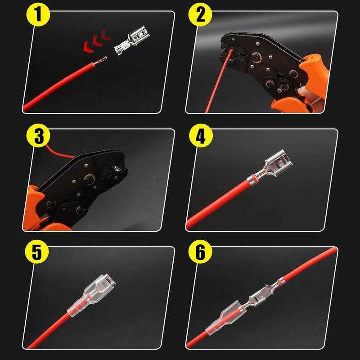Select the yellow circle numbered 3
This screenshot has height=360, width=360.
click(x=38, y=135)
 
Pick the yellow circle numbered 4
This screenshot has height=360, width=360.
click(x=201, y=135)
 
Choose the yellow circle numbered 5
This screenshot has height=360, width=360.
click(x=37, y=252)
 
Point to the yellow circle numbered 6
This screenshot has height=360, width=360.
click(x=200, y=252)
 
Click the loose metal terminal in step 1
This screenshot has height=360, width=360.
click(x=131, y=40)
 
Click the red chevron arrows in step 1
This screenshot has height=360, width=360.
click(x=97, y=41)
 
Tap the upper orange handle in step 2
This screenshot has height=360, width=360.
click(x=315, y=73)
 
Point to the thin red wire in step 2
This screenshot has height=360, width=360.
click(x=218, y=81)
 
